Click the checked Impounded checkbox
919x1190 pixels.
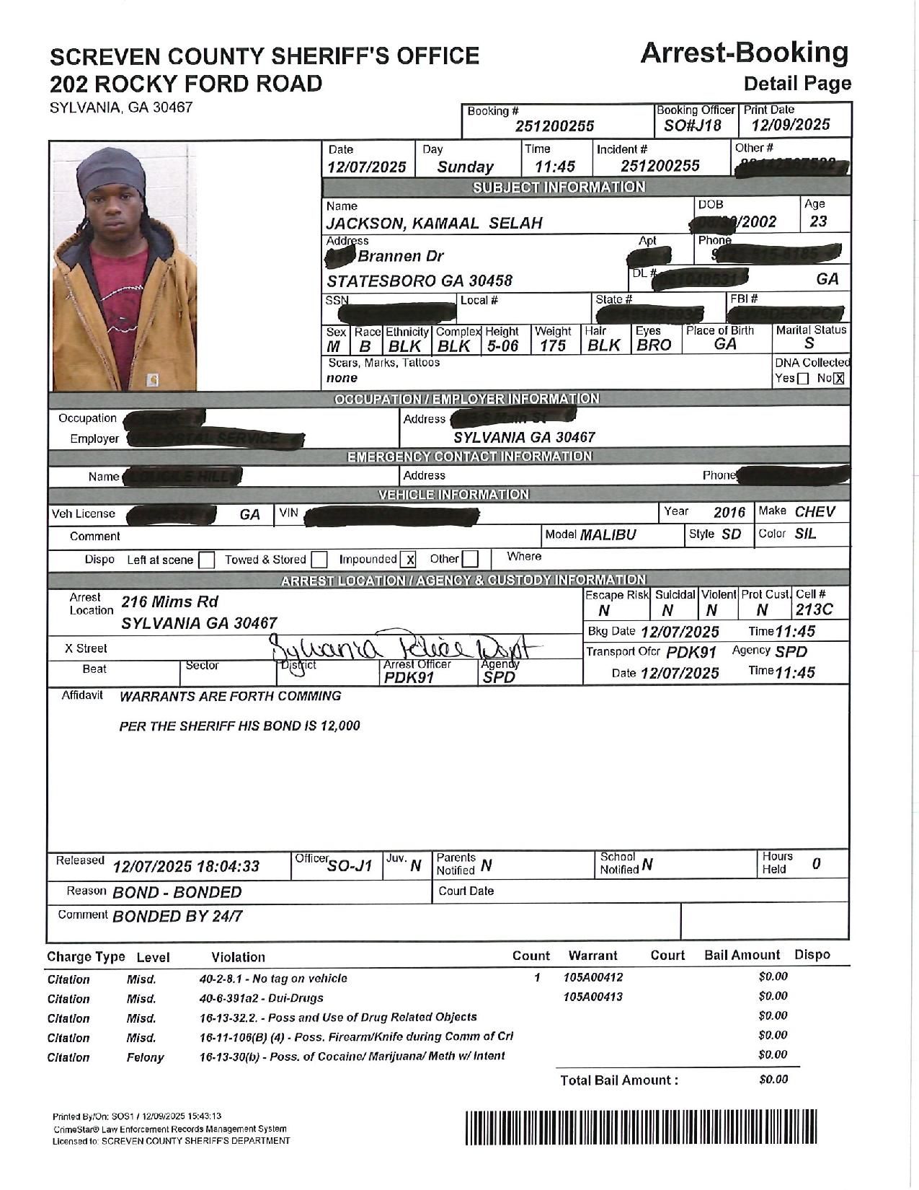coord(409,560)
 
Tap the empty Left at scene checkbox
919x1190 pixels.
coord(206,560)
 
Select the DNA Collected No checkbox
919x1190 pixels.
coord(838,379)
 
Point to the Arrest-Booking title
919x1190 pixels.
coord(744,53)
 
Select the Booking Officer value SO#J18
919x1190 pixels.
coord(693,125)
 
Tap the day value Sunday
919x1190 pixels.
coord(466,167)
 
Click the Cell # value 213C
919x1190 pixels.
coord(814,610)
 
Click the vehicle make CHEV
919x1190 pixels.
coord(814,512)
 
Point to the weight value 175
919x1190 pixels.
coord(553,346)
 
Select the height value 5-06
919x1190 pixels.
coord(502,346)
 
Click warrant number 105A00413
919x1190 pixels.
coord(592,997)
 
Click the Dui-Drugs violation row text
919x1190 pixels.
coord(261,998)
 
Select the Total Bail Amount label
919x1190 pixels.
coord(619,1080)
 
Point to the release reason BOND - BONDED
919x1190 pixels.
coord(177,892)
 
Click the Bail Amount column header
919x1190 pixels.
coord(742,955)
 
